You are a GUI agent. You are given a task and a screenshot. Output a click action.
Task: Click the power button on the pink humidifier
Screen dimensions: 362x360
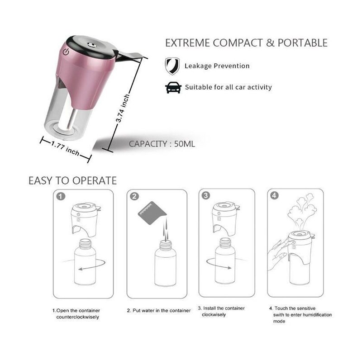[x=66, y=52]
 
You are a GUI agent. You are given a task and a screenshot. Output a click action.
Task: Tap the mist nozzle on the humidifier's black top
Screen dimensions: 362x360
[x=90, y=44]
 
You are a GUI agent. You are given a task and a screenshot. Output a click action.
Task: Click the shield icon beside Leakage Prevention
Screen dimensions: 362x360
[x=172, y=66]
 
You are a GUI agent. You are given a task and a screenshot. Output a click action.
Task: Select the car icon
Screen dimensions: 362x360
[x=173, y=87]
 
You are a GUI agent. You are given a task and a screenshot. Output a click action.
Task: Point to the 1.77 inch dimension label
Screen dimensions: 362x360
[x=65, y=148]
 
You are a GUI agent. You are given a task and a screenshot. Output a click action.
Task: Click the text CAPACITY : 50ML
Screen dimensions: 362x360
[x=162, y=144]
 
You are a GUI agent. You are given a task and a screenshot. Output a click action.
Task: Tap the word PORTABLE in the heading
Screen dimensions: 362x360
[x=302, y=43]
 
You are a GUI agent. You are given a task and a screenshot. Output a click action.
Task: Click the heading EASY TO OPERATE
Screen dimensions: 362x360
[x=72, y=180]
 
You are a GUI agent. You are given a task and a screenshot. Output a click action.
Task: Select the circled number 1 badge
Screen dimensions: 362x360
[x=61, y=196]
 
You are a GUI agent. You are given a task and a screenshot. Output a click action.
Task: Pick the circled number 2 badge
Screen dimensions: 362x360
[x=134, y=196]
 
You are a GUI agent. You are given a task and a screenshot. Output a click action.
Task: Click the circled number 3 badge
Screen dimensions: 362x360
[x=206, y=195]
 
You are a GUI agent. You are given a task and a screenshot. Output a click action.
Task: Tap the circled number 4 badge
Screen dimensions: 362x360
[x=274, y=195]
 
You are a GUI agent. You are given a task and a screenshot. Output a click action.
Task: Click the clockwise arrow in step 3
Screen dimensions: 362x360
[x=219, y=264]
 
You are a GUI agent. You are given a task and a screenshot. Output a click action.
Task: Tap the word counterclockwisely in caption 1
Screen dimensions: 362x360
[x=77, y=317]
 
